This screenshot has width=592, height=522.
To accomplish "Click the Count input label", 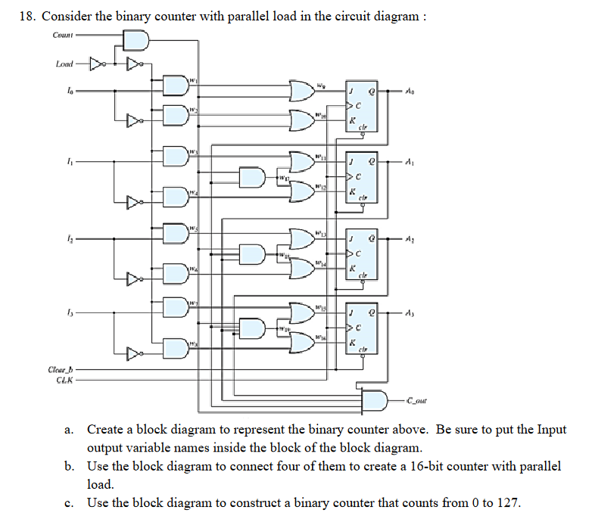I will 63,35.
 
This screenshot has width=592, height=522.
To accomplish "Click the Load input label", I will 65,64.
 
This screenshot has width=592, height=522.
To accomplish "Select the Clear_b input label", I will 61,369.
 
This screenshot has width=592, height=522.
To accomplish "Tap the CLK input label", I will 64,379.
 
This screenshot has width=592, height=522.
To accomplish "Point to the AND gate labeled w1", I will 176,86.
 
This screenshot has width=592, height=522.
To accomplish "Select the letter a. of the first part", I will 69,430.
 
